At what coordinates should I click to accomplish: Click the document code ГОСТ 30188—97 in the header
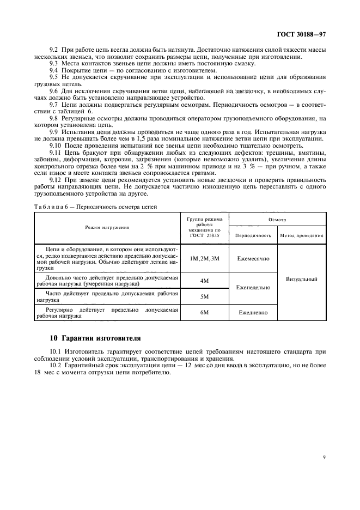tap(301, 34)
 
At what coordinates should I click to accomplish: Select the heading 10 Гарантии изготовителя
tap(95, 338)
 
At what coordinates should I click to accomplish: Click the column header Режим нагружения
tap(107, 227)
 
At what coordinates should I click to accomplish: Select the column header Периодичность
tap(253, 235)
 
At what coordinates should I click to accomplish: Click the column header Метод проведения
tap(302, 235)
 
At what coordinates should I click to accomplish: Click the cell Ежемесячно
tap(253, 258)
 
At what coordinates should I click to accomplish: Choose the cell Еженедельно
tap(253, 288)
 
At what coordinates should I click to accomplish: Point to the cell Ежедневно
tap(253, 313)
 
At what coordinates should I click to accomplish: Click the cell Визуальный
tap(302, 279)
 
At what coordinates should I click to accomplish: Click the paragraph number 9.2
tap(54, 50)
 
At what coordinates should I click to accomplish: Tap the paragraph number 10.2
tap(56, 365)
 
